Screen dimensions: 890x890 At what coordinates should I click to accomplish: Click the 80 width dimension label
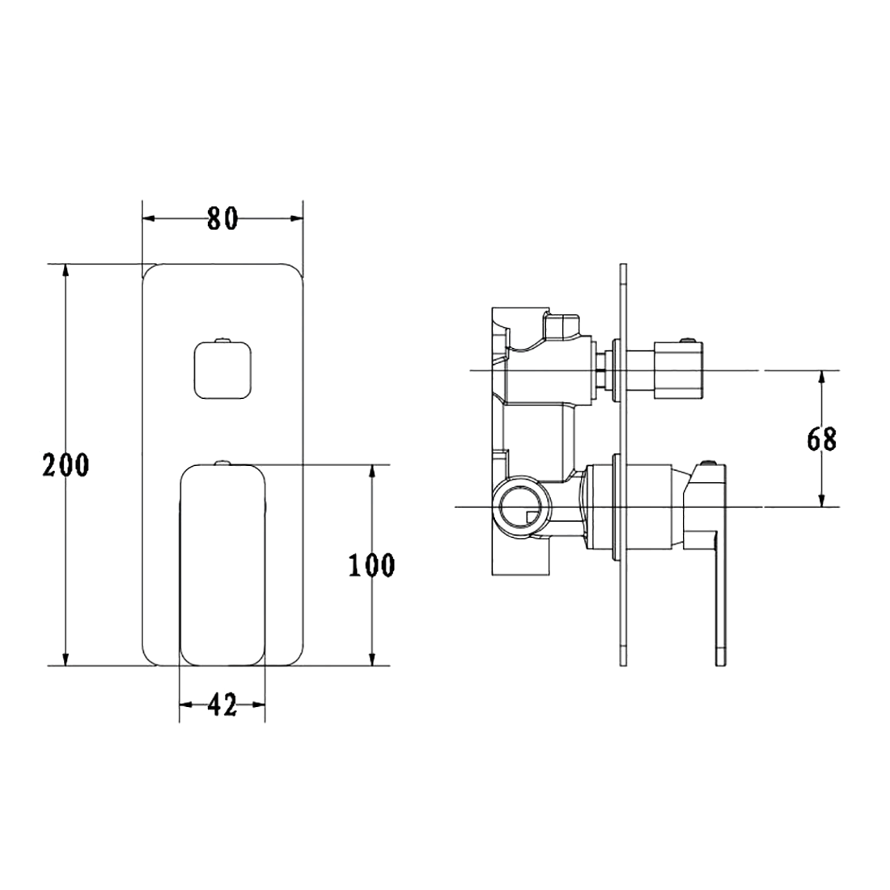click(x=222, y=218)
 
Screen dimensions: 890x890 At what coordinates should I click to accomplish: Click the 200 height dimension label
click(x=66, y=465)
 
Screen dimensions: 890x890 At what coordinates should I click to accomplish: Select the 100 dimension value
click(x=372, y=566)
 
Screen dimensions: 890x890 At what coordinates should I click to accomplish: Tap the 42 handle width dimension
click(x=222, y=706)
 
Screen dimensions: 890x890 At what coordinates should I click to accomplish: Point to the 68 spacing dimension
click(x=822, y=439)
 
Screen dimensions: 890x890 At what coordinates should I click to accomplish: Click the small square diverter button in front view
click(x=222, y=370)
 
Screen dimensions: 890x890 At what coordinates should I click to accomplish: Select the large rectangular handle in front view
click(x=222, y=565)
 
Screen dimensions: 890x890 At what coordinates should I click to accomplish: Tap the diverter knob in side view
click(x=680, y=370)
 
